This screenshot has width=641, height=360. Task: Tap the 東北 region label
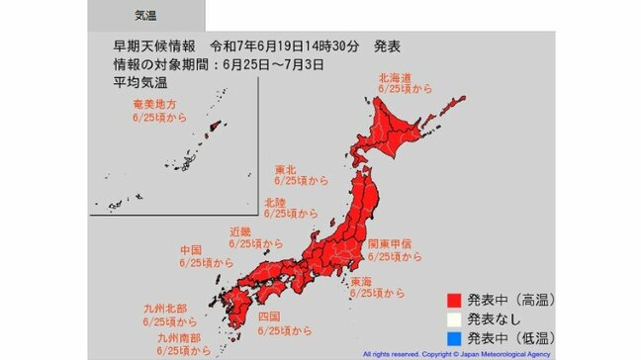tap(285, 168)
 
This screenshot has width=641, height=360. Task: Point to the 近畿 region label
tap(241, 231)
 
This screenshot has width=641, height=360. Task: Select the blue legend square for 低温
tap(456, 337)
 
